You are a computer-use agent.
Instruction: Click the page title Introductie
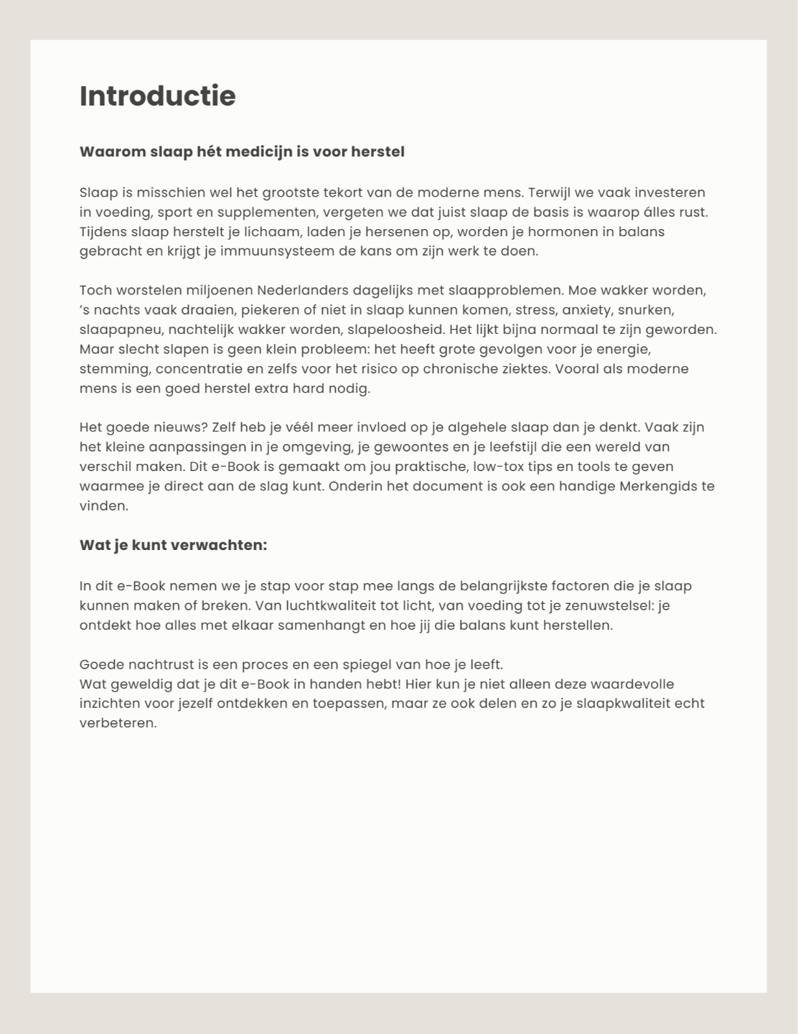tap(157, 96)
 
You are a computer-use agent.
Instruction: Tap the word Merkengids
tap(656, 486)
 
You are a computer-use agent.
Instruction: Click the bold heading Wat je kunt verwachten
tap(173, 545)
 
